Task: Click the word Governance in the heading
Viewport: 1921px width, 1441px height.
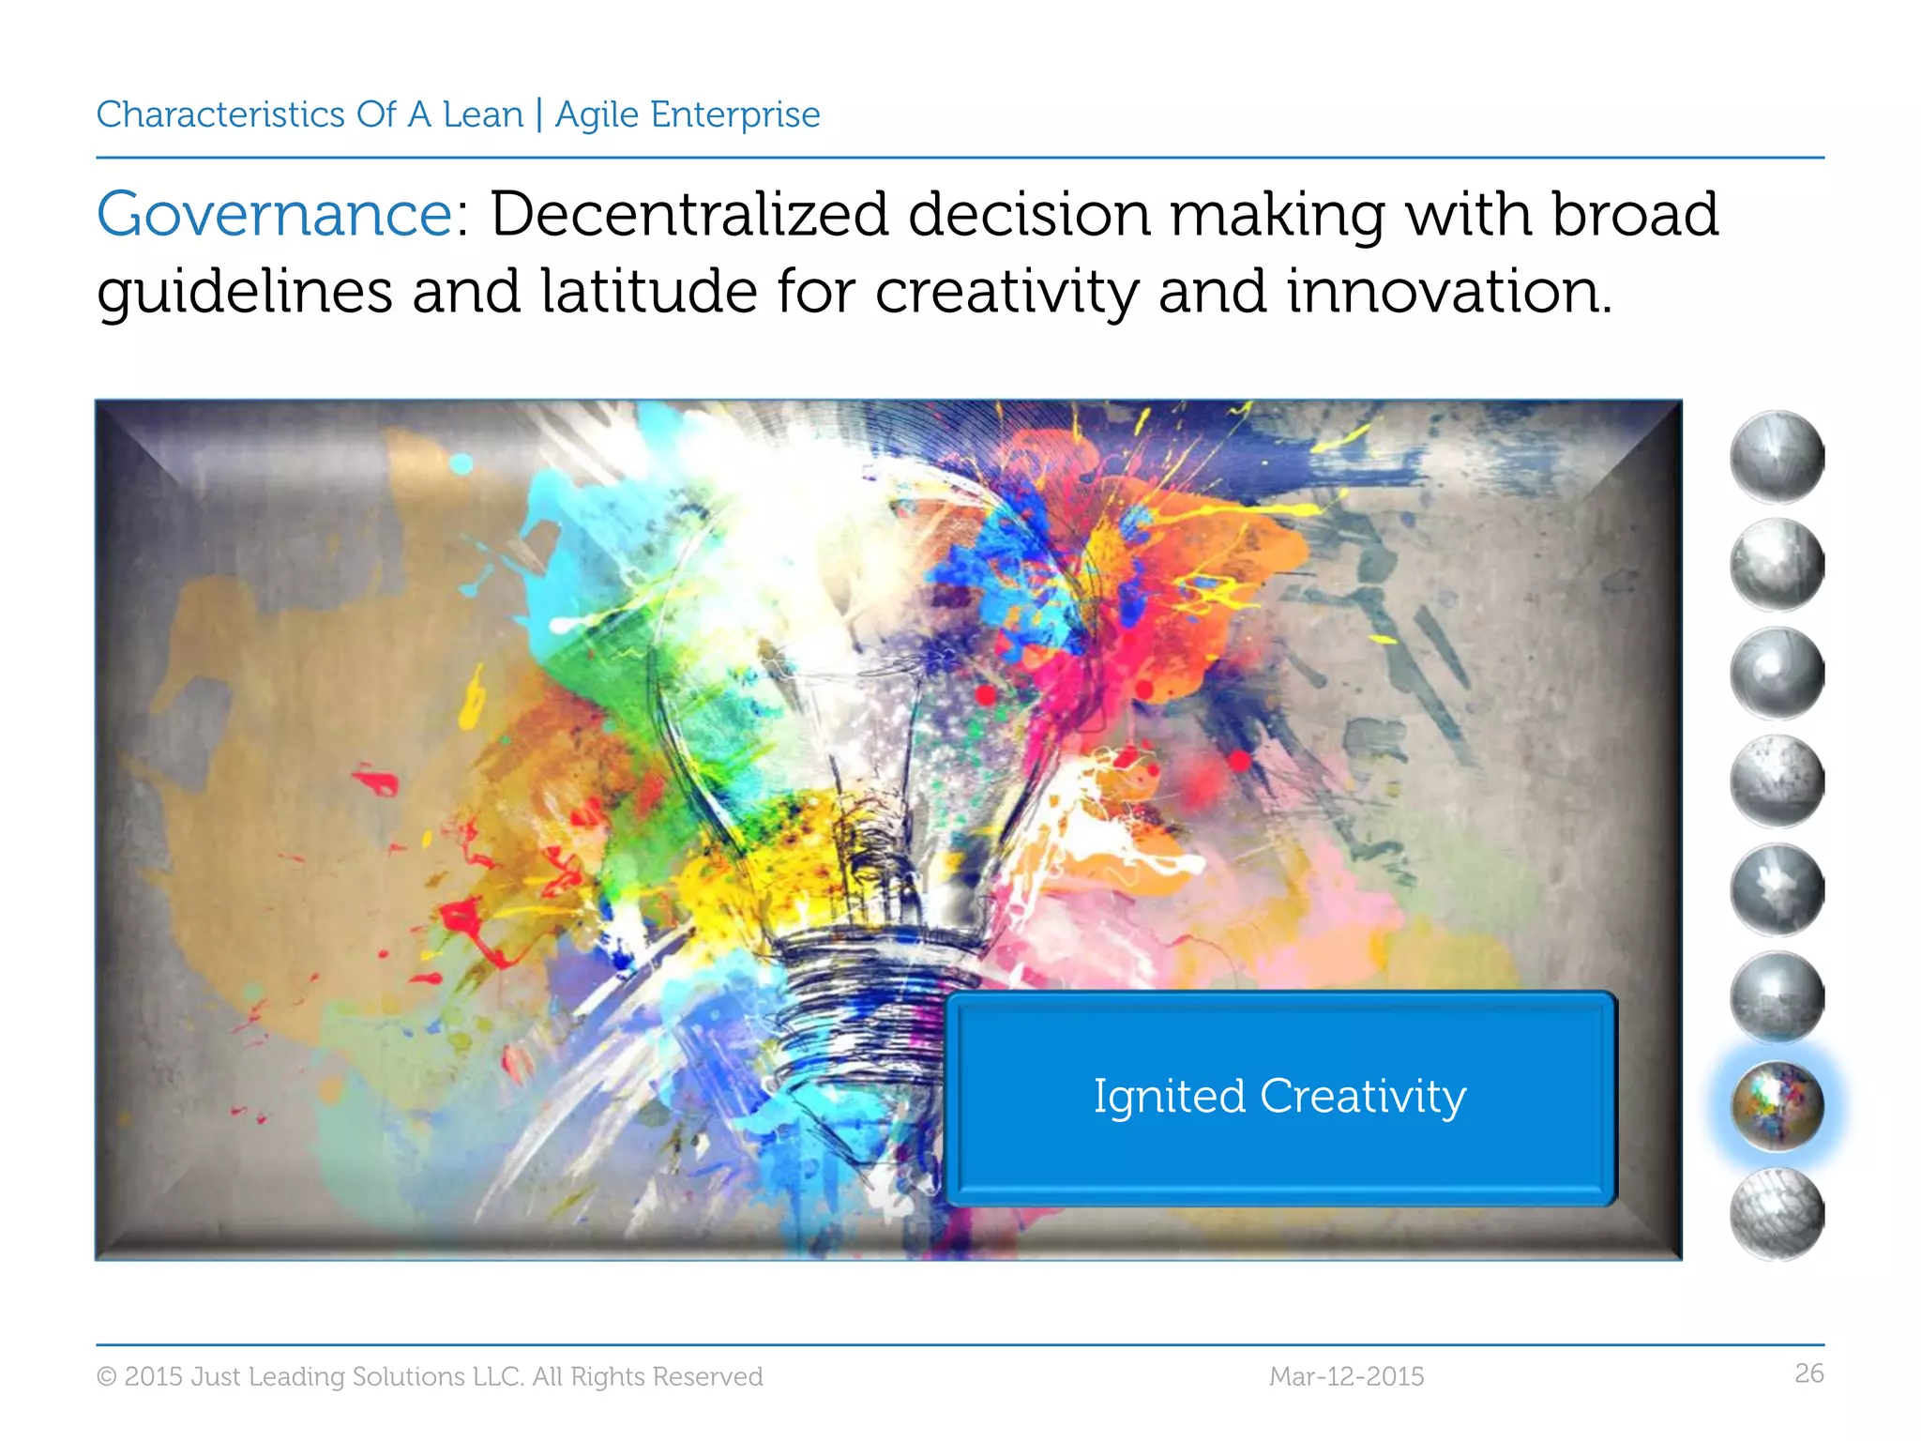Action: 275,216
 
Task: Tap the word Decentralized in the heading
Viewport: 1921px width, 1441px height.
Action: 689,214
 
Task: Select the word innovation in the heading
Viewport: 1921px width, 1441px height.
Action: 1448,291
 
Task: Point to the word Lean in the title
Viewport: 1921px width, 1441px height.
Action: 483,114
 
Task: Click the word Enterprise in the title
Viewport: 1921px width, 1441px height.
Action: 734,114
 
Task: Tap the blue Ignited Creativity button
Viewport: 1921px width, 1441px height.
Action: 1279,1097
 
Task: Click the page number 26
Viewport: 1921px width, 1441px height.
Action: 1808,1373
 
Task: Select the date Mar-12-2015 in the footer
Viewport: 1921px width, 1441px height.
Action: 1346,1376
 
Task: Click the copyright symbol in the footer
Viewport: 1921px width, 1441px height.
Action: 107,1376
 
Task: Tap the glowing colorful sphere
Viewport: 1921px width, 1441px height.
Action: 1777,1106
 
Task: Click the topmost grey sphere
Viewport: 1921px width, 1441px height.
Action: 1777,457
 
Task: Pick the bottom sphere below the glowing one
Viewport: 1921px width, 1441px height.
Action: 1777,1214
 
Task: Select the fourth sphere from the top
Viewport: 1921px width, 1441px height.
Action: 1777,781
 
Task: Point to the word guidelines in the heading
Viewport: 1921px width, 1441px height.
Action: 244,293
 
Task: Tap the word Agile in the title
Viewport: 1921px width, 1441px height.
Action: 596,114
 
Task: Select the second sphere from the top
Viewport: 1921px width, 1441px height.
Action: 1777,565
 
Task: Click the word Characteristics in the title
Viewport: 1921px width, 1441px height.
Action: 220,114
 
